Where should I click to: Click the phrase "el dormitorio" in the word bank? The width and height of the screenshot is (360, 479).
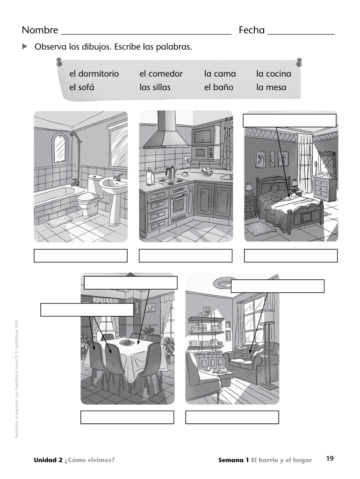pos(94,73)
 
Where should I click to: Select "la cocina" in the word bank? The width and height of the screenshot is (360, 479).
pos(274,73)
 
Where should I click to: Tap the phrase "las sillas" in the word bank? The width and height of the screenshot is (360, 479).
pos(155,87)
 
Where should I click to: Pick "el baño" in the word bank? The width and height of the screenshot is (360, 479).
pos(219,87)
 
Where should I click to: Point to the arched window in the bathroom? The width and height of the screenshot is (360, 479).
pos(60,148)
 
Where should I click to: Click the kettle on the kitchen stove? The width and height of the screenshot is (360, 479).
pos(170,173)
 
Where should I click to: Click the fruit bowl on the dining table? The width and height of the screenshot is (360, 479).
pos(127,342)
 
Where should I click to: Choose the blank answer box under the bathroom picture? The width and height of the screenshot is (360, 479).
pos(80,256)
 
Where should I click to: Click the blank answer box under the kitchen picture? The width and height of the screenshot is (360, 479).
pos(185,256)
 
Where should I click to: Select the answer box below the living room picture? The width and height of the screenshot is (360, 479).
pos(232,417)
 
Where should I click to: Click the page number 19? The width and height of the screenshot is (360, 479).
pos(330,458)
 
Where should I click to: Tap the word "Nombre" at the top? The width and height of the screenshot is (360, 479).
pos(40,30)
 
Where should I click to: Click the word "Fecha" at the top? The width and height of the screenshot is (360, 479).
pos(252,30)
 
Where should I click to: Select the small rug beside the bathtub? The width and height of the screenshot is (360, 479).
pos(59,221)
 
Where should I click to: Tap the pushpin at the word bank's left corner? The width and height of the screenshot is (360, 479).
pos(59,62)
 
